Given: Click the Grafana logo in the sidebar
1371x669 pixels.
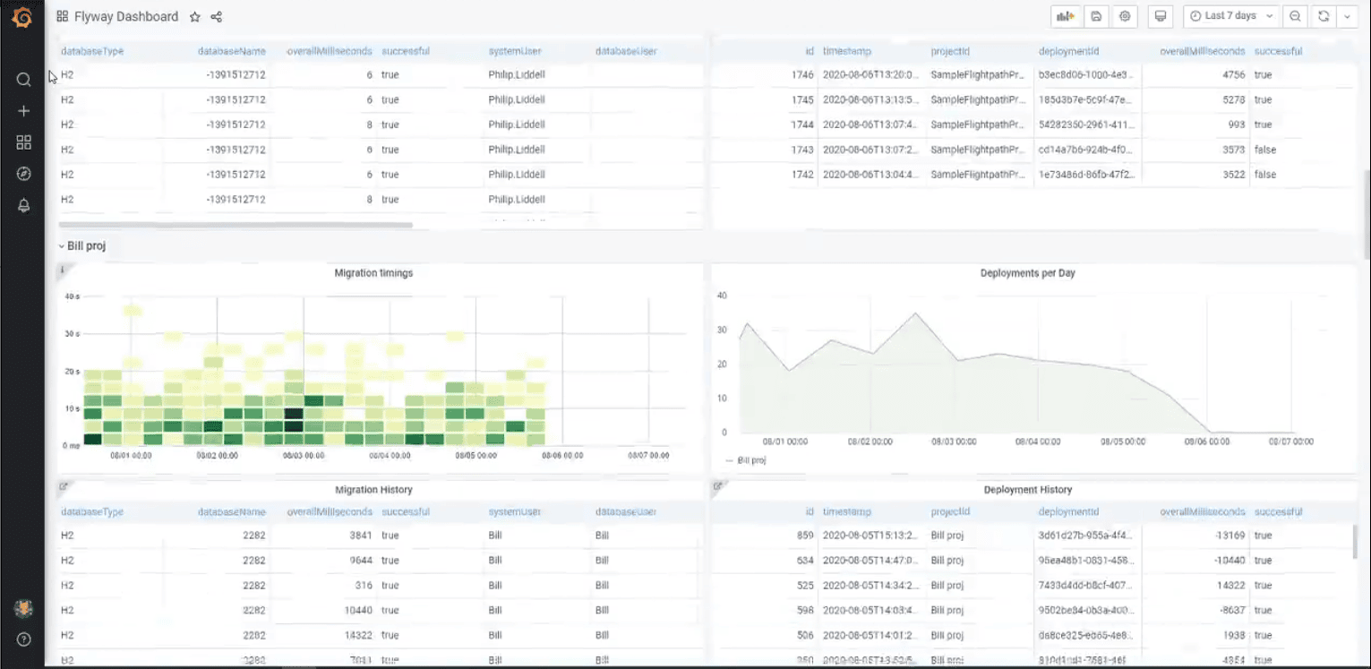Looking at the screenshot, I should coord(22,18).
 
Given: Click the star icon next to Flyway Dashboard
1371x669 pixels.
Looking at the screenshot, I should coord(195,17).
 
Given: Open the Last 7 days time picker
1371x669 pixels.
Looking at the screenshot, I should coord(1230,16).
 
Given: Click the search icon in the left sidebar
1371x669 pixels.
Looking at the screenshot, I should coord(24,80).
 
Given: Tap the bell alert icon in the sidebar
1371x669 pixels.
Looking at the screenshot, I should coord(24,205).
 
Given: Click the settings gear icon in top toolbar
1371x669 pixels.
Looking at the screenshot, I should coord(1125,16).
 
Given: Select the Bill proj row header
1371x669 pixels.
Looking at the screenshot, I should coord(86,245).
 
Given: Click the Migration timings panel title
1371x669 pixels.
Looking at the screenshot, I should coord(373,272).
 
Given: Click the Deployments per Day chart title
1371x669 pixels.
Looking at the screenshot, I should coord(1027,272).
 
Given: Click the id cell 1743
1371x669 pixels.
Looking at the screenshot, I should coord(802,150).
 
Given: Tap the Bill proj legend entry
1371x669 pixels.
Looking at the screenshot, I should coord(750,460).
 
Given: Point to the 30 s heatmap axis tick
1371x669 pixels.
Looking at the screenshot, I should coord(72,333).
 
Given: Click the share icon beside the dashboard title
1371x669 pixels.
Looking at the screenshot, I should coord(217,17).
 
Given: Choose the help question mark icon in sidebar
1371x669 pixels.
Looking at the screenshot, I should coord(24,639).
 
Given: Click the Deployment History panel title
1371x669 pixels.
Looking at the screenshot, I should coord(1027,490).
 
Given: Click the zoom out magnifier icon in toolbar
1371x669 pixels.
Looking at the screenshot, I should coord(1295,16).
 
